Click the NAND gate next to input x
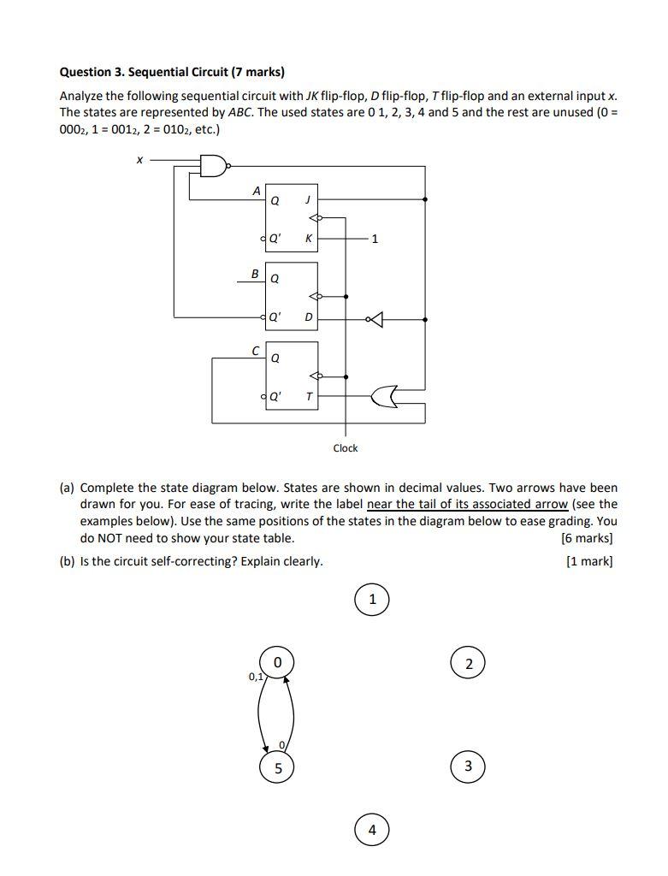coord(213,165)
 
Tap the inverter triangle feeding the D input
coord(375,319)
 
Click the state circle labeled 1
coord(372,600)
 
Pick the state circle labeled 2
coord(468,664)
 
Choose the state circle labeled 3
coord(468,766)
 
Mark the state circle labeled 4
coord(372,830)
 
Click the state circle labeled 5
coord(278,767)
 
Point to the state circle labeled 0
coord(277,662)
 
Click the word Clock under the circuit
coord(346,448)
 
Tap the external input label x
coord(139,159)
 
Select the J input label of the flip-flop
coord(307,201)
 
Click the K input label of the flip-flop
coord(307,239)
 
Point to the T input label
coord(308,396)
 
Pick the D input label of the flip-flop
coord(308,318)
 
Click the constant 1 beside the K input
coord(374,239)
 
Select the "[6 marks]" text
coord(587,538)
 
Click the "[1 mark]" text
coord(589,561)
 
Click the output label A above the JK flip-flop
coord(256,192)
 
